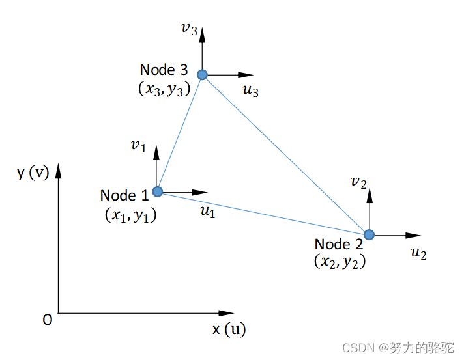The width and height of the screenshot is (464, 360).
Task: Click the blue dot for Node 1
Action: point(158,191)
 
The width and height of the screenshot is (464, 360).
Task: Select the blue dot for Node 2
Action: point(370,234)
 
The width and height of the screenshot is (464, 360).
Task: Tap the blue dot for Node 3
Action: point(203,75)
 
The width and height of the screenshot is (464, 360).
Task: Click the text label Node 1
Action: point(124,195)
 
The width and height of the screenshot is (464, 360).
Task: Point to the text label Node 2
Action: point(339,244)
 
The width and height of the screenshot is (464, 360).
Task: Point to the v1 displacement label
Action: point(138,145)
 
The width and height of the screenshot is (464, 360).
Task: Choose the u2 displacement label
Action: point(418,254)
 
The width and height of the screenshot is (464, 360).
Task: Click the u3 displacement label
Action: point(251,91)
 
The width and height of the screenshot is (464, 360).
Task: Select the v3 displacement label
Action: point(189,28)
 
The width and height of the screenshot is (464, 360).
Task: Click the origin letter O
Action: point(47,320)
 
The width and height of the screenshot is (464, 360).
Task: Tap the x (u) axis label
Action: point(229,329)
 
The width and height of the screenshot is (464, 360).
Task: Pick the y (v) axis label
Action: point(33,173)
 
